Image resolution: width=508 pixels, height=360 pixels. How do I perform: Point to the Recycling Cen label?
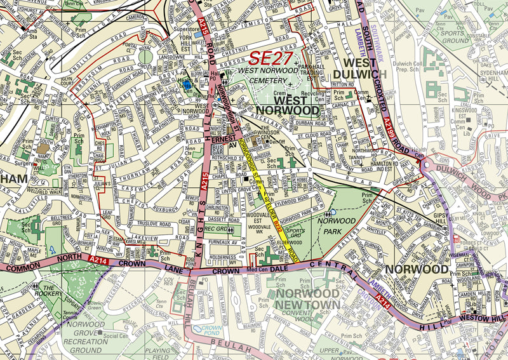(x=317, y=95)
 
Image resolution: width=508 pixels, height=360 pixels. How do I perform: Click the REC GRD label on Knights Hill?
(x=217, y=228)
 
